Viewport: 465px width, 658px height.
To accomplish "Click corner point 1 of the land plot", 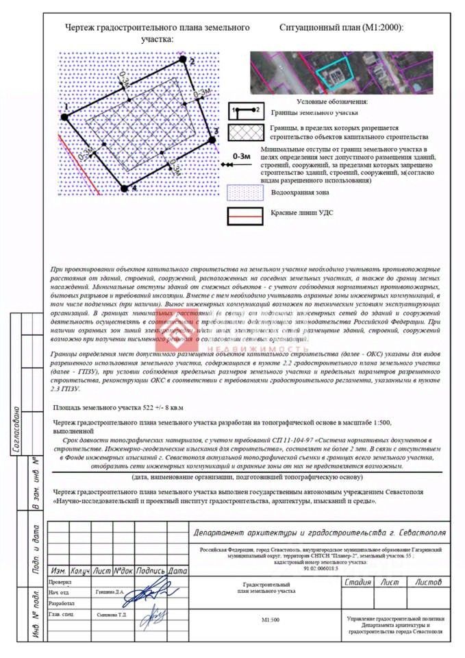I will click(x=65, y=117).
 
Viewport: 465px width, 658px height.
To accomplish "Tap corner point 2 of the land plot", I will click(x=183, y=60).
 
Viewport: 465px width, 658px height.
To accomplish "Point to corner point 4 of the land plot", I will click(x=124, y=186).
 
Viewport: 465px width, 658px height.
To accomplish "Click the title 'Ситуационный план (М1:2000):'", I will click(x=342, y=28).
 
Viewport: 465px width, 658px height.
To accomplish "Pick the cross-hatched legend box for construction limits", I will click(x=244, y=132).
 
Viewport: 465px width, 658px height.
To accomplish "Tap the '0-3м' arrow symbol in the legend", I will click(x=240, y=160).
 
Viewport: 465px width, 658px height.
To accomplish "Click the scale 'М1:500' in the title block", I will click(x=270, y=620).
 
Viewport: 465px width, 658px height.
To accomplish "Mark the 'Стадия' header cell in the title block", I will click(x=358, y=582).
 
